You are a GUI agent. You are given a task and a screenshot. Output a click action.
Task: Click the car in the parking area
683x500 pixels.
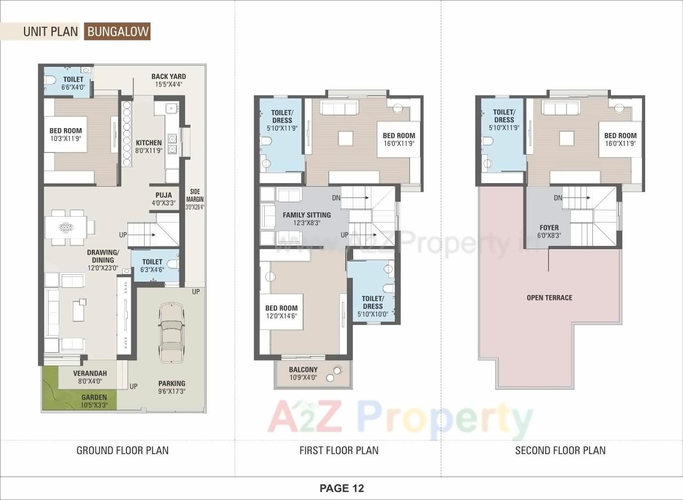(171, 332)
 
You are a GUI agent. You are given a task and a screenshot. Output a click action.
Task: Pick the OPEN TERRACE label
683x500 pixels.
(549, 298)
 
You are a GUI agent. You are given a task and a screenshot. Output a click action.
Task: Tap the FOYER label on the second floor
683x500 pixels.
(549, 228)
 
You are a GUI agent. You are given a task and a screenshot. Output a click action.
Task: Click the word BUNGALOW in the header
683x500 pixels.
(118, 31)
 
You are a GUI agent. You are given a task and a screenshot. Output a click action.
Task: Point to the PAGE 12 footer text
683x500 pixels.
(341, 488)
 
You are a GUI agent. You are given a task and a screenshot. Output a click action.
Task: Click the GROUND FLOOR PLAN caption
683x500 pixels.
(122, 450)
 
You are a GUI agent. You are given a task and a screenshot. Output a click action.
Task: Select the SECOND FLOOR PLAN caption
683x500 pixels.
(560, 450)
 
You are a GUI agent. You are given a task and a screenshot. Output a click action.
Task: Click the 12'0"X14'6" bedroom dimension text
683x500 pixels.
(281, 316)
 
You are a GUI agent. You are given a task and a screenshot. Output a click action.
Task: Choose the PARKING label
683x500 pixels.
(172, 383)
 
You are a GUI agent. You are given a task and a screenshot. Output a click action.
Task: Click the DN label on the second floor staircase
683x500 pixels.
(558, 198)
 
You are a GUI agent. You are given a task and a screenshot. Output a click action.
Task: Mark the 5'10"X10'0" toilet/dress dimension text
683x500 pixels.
(372, 314)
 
